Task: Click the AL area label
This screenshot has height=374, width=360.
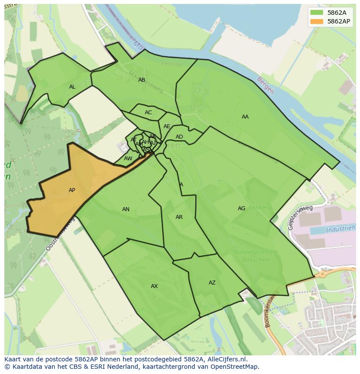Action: pyautogui.click(x=72, y=87)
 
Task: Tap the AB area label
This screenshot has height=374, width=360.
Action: pyautogui.click(x=142, y=80)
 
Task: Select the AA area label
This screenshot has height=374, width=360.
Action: pyautogui.click(x=245, y=117)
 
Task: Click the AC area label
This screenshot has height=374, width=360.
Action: pyautogui.click(x=148, y=113)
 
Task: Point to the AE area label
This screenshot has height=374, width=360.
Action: pyautogui.click(x=167, y=126)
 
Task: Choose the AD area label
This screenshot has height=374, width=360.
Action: pyautogui.click(x=179, y=137)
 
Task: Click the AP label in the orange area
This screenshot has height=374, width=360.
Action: pyautogui.click(x=72, y=190)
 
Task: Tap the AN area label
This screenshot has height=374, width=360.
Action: pyautogui.click(x=126, y=209)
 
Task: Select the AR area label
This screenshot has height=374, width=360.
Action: pyautogui.click(x=179, y=217)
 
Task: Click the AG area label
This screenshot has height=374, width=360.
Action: pyautogui.click(x=241, y=209)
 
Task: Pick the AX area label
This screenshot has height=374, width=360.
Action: pyautogui.click(x=154, y=286)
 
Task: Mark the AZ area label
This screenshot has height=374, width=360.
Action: pyautogui.click(x=212, y=283)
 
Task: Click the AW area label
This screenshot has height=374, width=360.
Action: pyautogui.click(x=128, y=159)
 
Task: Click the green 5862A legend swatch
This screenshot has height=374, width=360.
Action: pyautogui.click(x=317, y=13)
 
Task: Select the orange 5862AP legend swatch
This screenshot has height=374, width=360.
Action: pyautogui.click(x=317, y=21)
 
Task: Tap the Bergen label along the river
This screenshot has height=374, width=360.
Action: pyautogui.click(x=265, y=86)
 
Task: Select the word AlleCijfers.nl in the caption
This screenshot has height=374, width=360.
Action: pyautogui.click(x=226, y=359)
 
